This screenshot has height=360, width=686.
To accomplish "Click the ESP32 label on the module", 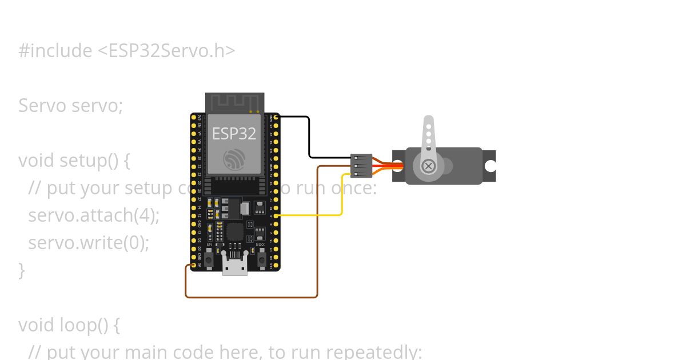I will coord(234,133).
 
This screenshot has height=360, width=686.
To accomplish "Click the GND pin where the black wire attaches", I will coord(276,117).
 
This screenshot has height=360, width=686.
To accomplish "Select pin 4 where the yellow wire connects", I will coord(276,215).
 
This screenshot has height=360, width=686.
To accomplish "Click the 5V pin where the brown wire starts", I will coord(194,265).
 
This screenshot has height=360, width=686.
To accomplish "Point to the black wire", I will coord(309,137).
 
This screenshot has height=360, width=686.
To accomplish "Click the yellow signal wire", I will coord(342,194).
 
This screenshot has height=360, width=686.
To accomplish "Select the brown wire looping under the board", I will coord(252,297).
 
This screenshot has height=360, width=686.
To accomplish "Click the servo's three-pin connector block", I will coord(361,166).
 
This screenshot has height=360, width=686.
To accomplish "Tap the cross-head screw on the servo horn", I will coord(428,166).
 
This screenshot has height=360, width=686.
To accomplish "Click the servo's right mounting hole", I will coord(490,166).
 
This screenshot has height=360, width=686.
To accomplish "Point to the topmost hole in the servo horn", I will coord(428,125).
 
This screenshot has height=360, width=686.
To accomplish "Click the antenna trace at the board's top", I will coord(234,103).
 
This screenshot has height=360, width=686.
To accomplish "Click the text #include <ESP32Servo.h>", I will coord(126,51).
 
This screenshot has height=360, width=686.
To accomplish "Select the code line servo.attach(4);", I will coord(94,215).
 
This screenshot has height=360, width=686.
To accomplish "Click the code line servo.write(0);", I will coord(89,243).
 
